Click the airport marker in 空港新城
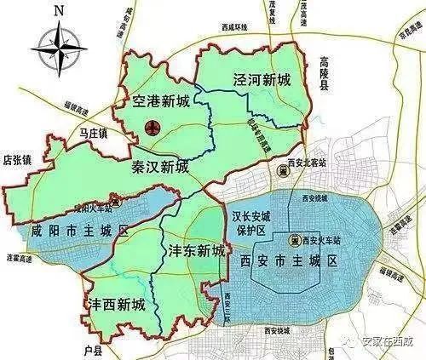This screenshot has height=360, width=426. click(153, 129)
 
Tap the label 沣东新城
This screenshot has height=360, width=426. click(194, 251)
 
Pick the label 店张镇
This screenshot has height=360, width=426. click(17, 158)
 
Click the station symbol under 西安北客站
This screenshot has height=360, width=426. click(285, 170)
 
